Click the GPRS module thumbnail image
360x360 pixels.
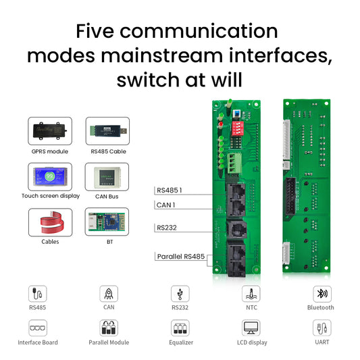50,131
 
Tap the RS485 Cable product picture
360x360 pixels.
107,131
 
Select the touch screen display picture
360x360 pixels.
50,176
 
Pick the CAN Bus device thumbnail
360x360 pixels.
107,176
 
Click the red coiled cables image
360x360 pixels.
50,222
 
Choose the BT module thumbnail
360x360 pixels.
107,222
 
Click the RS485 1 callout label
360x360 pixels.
170,190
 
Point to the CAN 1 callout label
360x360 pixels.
165,205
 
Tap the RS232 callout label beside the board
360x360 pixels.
167,228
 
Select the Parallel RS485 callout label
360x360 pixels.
181,257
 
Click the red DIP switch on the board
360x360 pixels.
238,129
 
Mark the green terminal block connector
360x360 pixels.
234,163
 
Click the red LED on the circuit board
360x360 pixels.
221,124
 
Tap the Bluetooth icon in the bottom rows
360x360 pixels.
322,294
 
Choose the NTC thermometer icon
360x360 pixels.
251,294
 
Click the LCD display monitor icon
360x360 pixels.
251,328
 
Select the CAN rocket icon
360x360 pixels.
109,294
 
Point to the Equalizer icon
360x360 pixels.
180,328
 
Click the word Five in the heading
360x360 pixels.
95,31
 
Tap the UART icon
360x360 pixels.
322,328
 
